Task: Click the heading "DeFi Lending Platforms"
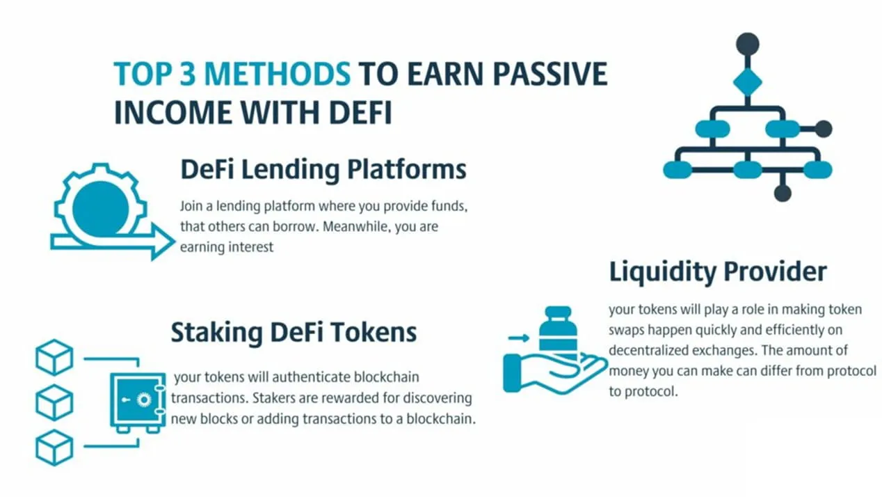click(x=323, y=170)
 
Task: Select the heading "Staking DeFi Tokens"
click(x=294, y=332)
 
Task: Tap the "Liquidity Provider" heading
click(x=718, y=271)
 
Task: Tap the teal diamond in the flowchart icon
click(x=747, y=82)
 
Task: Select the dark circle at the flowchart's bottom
click(x=783, y=193)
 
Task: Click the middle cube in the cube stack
click(x=54, y=402)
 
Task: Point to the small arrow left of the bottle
click(x=518, y=338)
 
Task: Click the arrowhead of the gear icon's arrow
click(x=163, y=242)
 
